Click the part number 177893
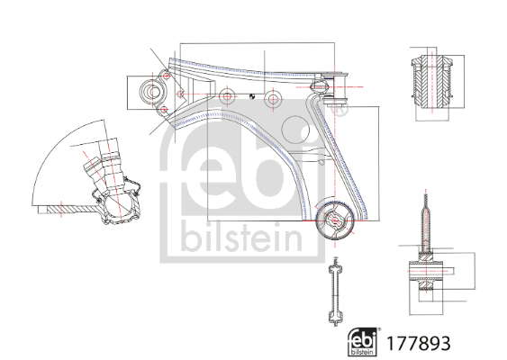pos(419,343)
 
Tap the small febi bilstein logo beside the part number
pos(363,342)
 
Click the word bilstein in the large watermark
pos(241,239)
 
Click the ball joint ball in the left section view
pos(118,206)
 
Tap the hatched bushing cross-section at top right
pos(432,81)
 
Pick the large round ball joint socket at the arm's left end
pos(153,92)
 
